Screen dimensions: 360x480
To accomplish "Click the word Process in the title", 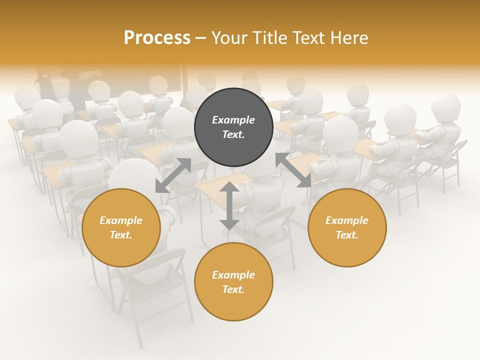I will pos(157,38).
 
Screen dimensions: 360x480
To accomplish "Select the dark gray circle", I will pos(233,127).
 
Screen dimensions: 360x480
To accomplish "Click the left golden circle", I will pos(121,227).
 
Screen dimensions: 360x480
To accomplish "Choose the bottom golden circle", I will pos(233,281).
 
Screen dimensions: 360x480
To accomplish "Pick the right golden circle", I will pos(347,227).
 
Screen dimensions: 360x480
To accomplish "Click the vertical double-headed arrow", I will pos(229,205).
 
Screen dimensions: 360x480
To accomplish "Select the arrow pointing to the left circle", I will pos(173,175).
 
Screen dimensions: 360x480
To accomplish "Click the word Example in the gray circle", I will pos(233,120).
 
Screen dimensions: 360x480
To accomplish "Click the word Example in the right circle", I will pos(347,220).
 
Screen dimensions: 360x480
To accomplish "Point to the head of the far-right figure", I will pos(445,107).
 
